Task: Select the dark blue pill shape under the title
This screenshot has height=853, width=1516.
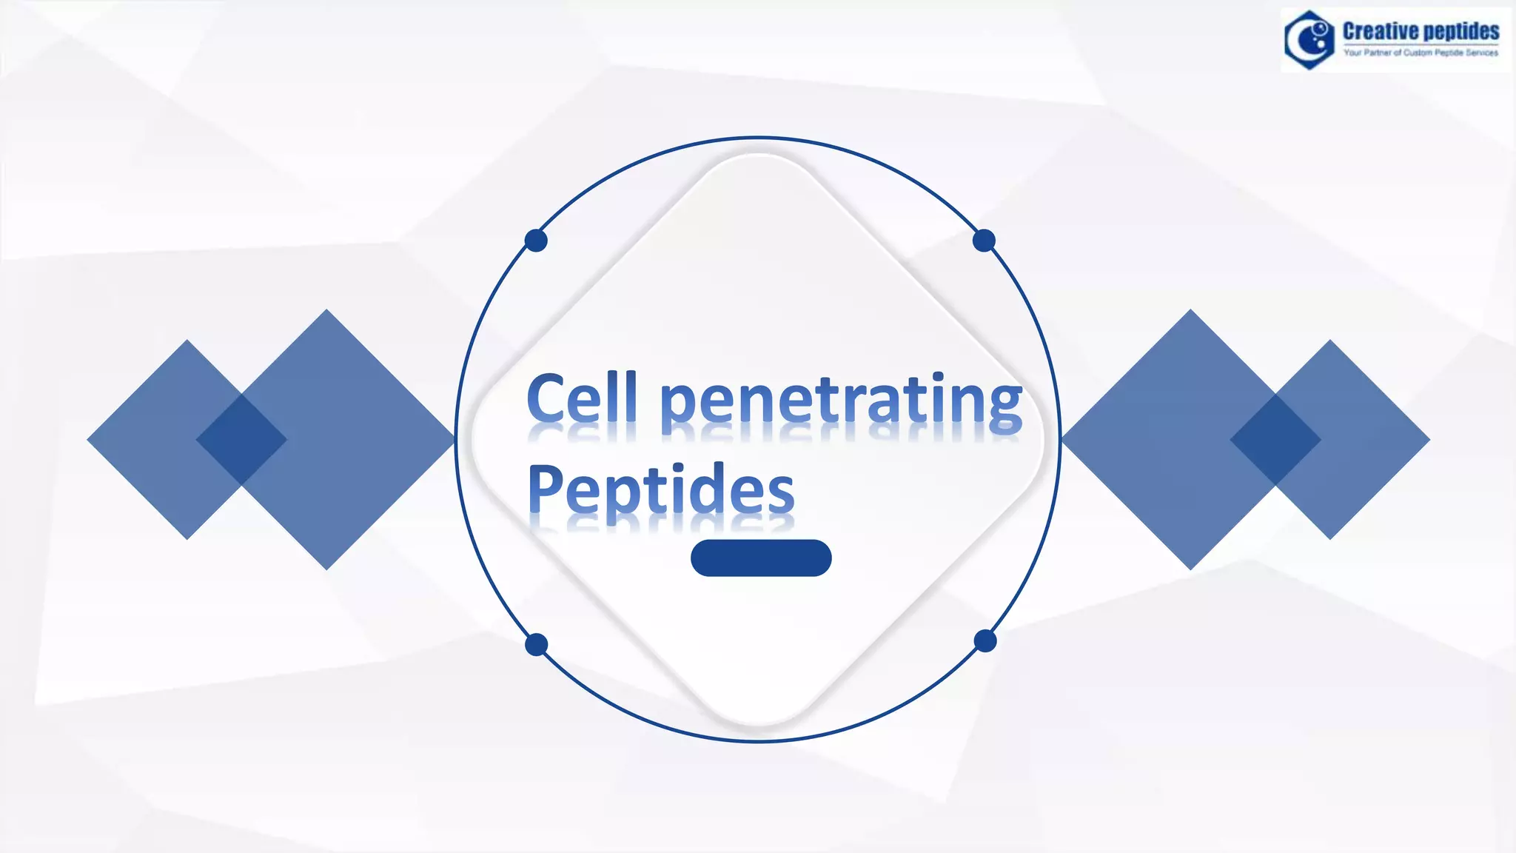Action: (x=761, y=558)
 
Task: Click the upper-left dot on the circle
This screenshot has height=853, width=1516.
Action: (x=536, y=241)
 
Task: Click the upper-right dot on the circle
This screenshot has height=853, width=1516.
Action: (x=984, y=241)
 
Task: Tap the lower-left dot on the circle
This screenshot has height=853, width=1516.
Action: (x=537, y=645)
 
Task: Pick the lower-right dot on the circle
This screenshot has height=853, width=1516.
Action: (x=985, y=641)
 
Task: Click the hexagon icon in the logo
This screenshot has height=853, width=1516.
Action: (x=1309, y=40)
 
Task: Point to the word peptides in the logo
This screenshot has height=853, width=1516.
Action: (x=1461, y=31)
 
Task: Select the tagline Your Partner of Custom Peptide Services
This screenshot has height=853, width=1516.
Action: (x=1421, y=53)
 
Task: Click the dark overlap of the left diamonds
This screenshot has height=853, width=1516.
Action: (x=241, y=440)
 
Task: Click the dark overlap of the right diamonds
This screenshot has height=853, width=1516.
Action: (x=1275, y=440)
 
